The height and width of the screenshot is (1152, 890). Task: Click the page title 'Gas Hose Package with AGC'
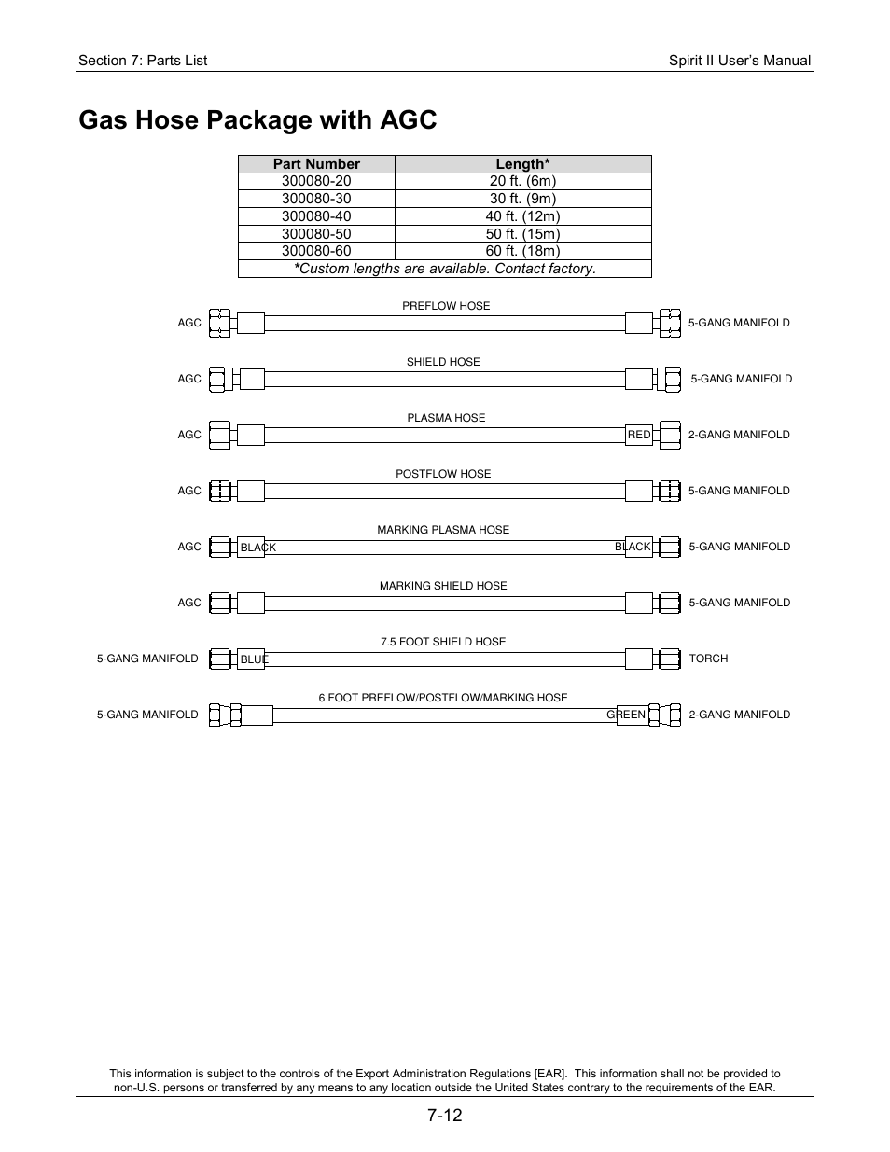(257, 120)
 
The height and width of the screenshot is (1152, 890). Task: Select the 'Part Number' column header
(316, 164)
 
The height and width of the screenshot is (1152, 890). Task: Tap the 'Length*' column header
(522, 164)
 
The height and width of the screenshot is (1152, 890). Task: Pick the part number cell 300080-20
(316, 181)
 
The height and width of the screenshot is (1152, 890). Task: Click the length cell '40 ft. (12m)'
(522, 216)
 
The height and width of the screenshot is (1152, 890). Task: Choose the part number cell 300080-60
(316, 251)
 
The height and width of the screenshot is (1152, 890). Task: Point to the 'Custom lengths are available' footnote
(445, 269)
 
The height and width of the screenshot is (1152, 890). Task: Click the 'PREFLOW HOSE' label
(446, 306)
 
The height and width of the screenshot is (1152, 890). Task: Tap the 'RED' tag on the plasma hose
(639, 435)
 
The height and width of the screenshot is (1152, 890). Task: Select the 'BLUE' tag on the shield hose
(254, 659)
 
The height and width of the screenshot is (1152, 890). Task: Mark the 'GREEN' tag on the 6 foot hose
(626, 715)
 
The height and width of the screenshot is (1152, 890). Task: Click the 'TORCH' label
(708, 659)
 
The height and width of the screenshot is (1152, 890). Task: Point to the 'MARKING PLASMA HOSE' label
(443, 530)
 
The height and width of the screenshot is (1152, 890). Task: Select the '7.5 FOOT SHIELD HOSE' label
(443, 642)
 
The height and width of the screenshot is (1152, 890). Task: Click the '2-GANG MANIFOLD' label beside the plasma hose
(739, 435)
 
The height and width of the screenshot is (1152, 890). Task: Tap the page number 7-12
(445, 1116)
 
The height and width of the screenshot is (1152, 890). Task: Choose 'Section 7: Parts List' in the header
(143, 61)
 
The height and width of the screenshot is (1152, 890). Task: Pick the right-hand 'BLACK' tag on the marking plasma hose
(633, 547)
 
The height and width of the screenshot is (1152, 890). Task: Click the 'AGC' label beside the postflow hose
(189, 491)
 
